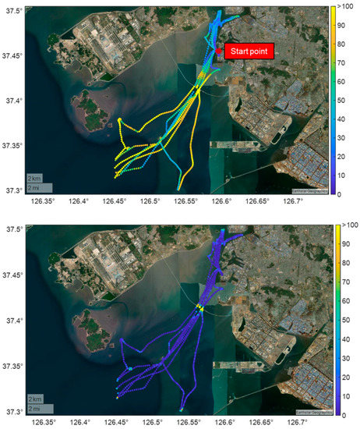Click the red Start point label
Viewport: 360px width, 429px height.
point(252,51)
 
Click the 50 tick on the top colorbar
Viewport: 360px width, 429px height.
point(344,98)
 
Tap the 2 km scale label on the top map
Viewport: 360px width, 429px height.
point(34,177)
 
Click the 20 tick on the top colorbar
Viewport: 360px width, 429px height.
point(344,153)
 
